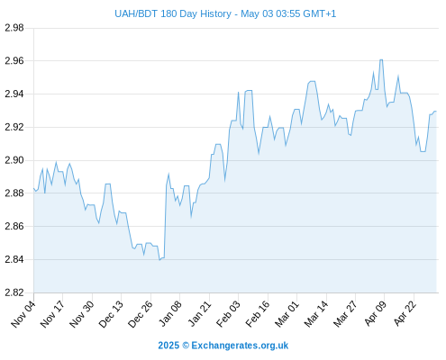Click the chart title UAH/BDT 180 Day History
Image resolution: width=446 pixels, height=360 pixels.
click(173, 13)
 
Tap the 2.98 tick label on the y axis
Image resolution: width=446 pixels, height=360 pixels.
click(14, 28)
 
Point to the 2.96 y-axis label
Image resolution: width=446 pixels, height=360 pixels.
click(14, 61)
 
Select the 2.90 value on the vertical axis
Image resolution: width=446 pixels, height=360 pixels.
click(14, 160)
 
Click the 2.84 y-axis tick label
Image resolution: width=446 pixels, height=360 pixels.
click(14, 259)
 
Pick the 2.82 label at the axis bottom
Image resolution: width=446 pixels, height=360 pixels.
click(14, 292)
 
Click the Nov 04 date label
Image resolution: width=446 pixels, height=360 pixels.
click(23, 314)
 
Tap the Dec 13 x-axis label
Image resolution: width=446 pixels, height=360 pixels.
click(111, 314)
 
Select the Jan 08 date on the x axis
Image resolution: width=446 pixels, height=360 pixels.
click(170, 314)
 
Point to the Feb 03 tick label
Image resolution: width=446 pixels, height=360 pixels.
click(228, 314)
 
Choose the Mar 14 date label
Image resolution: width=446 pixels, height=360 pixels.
click(316, 314)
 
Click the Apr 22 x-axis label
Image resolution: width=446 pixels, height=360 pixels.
click(405, 314)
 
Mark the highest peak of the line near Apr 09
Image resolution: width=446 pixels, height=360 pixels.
click(381, 59)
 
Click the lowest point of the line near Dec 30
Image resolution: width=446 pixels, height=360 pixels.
click(159, 260)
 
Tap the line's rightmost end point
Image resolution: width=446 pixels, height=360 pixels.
click(436, 112)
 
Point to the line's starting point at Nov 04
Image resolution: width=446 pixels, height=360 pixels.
click(33, 188)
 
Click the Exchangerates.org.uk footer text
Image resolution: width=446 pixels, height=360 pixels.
click(240, 346)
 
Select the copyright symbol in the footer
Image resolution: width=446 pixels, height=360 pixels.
click(186, 346)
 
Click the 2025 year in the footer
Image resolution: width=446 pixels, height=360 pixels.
click(168, 346)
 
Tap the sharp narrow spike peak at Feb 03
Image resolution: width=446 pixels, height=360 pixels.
click(238, 93)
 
